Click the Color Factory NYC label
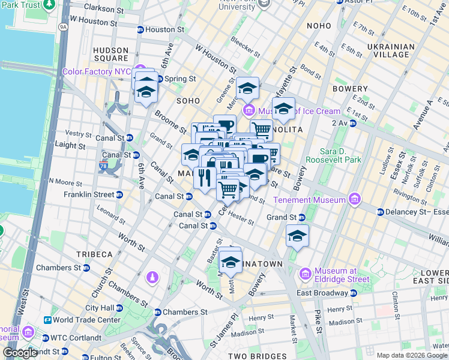pyautogui.click(x=97, y=71)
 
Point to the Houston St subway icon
pyautogui.click(x=140, y=29)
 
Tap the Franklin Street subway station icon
pyautogui.click(x=120, y=194)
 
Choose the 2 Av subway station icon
pyautogui.click(x=353, y=123)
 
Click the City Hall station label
pyautogui.click(x=100, y=307)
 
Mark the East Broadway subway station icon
pyautogui.click(x=353, y=293)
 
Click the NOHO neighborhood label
pyautogui.click(x=318, y=26)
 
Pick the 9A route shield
pyautogui.click(x=62, y=26)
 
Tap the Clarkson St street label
pyautogui.click(x=104, y=8)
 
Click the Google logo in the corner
pyautogui.click(x=20, y=353)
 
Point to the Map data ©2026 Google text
pyautogui.click(x=412, y=355)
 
